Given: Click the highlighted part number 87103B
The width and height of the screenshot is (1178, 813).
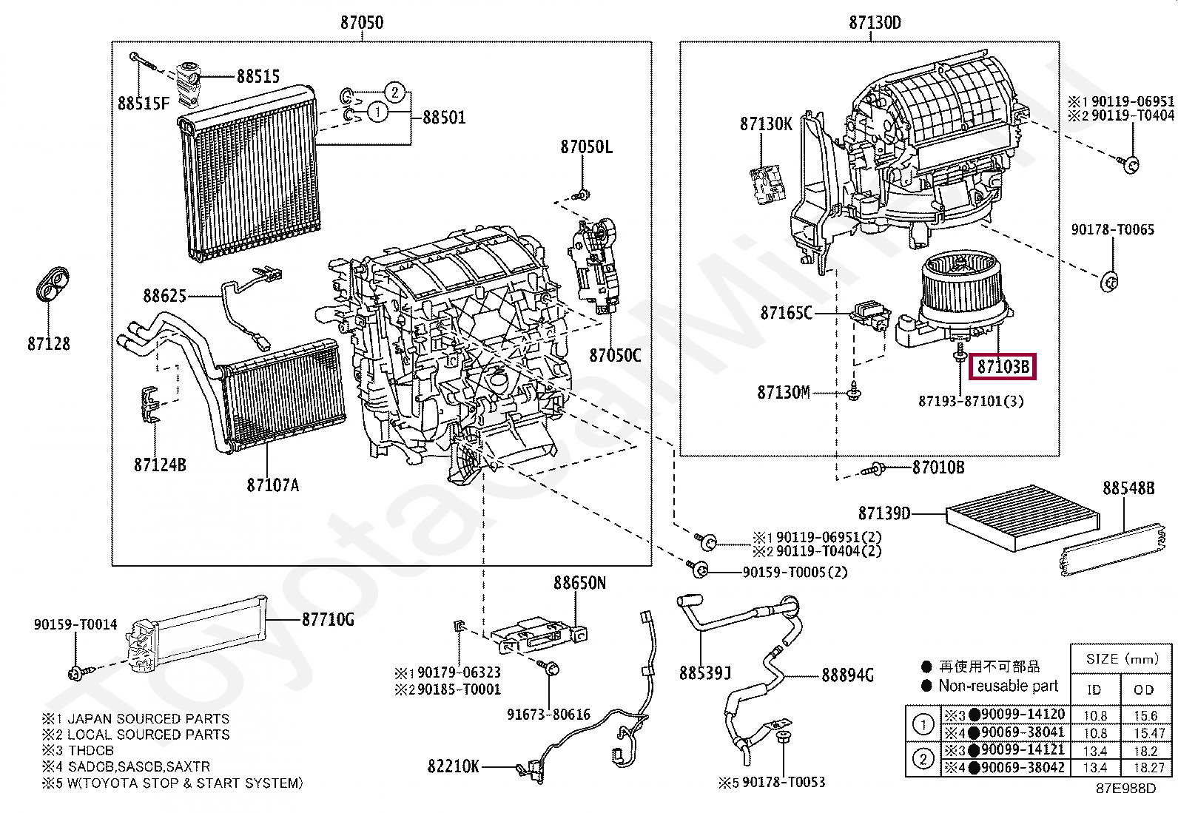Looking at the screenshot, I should point(1003,367).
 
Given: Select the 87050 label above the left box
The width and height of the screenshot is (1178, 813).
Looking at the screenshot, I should point(362,22).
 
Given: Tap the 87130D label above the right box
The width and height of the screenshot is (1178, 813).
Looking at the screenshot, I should point(875,22).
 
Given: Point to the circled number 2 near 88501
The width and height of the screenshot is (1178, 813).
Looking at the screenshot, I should point(395,92).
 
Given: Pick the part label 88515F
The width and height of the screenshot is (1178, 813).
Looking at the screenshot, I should point(144,104).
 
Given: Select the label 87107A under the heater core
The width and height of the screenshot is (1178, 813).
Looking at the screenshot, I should point(273,485).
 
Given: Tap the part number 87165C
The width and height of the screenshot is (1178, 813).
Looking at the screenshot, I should point(786,313).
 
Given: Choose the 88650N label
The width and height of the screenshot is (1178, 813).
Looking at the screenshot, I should point(579,583).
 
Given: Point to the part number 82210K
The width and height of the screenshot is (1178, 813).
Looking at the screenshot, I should point(454,766).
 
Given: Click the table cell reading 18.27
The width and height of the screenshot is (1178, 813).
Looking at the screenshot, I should point(1148,769).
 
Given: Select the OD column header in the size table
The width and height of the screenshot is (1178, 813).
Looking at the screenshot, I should point(1143,689).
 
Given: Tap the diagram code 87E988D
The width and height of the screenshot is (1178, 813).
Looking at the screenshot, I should point(1125,789).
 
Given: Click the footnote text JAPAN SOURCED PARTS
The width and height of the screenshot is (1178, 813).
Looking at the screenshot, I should point(148,718).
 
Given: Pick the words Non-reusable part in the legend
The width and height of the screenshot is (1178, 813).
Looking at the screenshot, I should point(998,686).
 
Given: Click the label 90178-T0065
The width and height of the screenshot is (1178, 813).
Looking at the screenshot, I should point(1112,229).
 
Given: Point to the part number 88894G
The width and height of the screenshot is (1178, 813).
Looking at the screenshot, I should point(847,675).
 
